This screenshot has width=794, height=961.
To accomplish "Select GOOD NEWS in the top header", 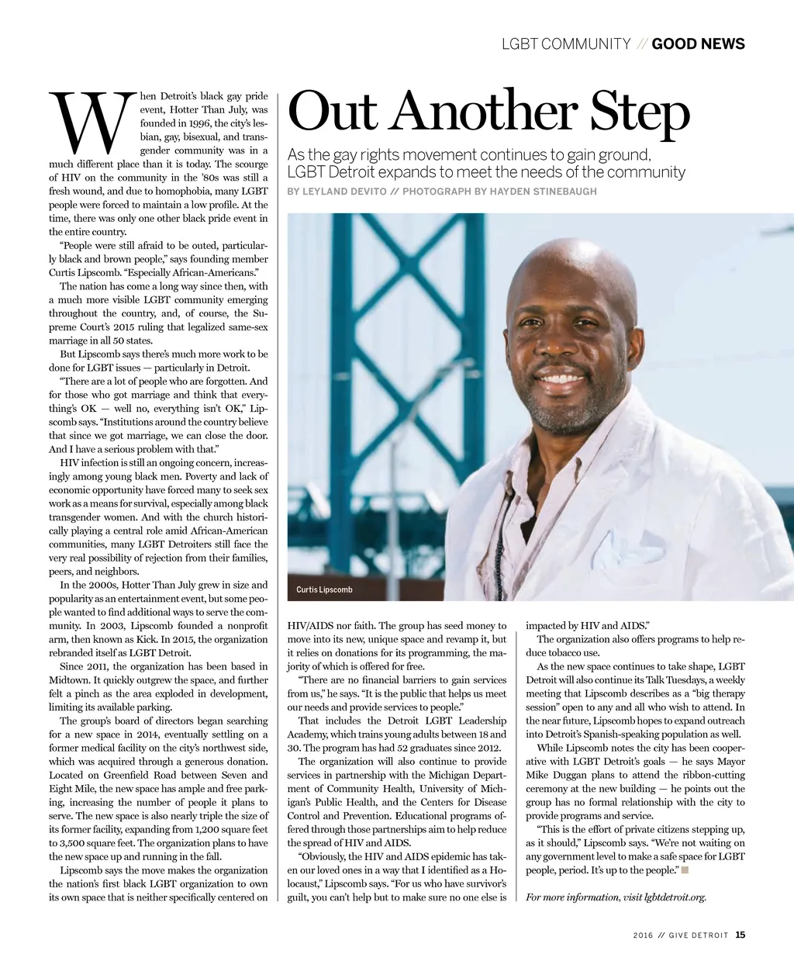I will [x=698, y=44].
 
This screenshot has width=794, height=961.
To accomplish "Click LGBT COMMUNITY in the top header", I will [x=566, y=44].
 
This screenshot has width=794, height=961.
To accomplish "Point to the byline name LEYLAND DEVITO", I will [x=344, y=192].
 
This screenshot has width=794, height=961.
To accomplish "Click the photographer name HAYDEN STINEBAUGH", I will [x=544, y=192].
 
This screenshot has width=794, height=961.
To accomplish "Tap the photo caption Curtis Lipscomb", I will [x=324, y=589].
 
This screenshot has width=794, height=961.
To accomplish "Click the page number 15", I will [x=740, y=935].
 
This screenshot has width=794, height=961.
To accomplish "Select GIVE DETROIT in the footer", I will [x=699, y=935].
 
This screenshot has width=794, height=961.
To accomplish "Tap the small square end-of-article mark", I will [x=685, y=870].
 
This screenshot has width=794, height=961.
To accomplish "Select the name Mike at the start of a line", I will [x=537, y=775].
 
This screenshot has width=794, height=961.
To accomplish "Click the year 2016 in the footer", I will [x=643, y=935].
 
